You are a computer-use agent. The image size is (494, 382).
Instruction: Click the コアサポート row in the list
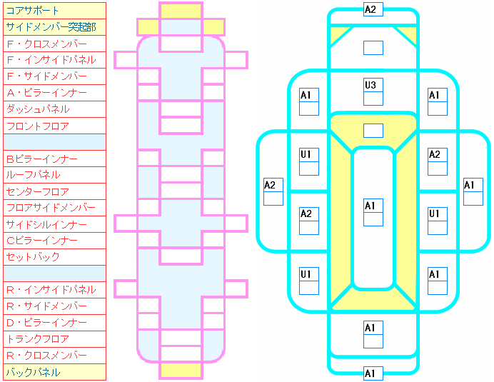pyautogui.click(x=54, y=11)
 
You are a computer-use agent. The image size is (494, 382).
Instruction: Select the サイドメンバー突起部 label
pyautogui.click(x=54, y=27)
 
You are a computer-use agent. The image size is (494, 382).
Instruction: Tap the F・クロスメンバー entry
pyautogui.click(x=54, y=44)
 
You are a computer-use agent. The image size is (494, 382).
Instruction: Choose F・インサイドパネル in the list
pyautogui.click(x=54, y=60)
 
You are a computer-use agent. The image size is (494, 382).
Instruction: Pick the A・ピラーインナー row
pyautogui.click(x=54, y=93)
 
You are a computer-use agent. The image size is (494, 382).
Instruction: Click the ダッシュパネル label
pyautogui.click(x=54, y=109)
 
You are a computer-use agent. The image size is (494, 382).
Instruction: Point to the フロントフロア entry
pyautogui.click(x=54, y=126)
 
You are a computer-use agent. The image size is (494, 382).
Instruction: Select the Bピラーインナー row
pyautogui.click(x=54, y=159)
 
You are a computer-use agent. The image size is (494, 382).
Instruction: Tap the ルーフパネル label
pyautogui.click(x=54, y=175)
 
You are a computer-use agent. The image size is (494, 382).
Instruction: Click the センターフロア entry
pyautogui.click(x=54, y=191)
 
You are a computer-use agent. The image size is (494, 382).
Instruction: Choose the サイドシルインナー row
pyautogui.click(x=54, y=224)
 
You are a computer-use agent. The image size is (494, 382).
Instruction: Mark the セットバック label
pyautogui.click(x=54, y=257)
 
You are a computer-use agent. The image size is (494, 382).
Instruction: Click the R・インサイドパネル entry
pyautogui.click(x=54, y=290)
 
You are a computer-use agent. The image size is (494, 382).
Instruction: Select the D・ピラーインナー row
pyautogui.click(x=54, y=323)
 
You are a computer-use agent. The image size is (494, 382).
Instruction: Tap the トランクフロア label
pyautogui.click(x=54, y=339)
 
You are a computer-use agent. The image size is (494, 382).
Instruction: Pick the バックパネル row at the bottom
pyautogui.click(x=54, y=372)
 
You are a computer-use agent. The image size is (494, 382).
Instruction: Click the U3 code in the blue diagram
pyautogui.click(x=370, y=86)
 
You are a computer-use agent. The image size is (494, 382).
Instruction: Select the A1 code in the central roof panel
pyautogui.click(x=370, y=206)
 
